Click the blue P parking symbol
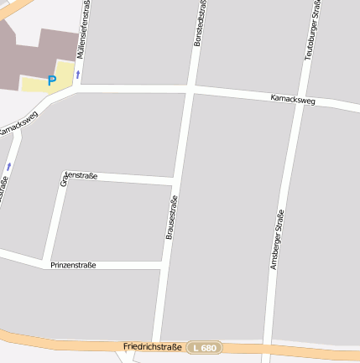tap(51, 80)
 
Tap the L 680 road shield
tap(204, 348)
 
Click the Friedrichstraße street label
tap(152, 346)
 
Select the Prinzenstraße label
tap(73, 265)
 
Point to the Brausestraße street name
tap(170, 218)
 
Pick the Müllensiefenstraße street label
tap(84, 29)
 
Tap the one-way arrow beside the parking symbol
tap(78, 75)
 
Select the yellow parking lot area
tap(42, 82)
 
